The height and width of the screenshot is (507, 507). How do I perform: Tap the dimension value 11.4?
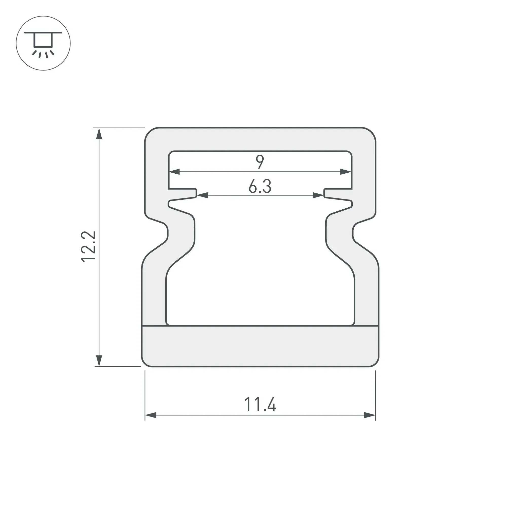click(260, 404)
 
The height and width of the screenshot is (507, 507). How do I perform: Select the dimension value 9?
click(260, 162)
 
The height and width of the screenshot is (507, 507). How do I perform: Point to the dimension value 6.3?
click(260, 186)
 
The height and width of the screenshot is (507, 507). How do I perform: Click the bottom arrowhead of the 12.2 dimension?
click(99, 361)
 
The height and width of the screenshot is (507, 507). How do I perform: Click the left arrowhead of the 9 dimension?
click(174, 172)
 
